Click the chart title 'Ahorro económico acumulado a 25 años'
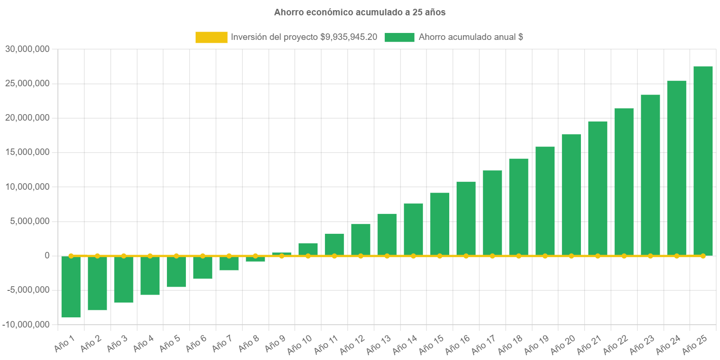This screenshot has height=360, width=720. (x=360, y=13)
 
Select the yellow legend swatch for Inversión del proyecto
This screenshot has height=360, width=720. (x=211, y=37)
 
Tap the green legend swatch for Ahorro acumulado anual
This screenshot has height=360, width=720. (x=399, y=37)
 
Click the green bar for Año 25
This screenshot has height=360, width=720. (x=703, y=160)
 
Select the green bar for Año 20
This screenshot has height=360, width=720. (x=571, y=195)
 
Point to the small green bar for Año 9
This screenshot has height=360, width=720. (x=281, y=253)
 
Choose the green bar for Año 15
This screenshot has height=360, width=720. (x=440, y=224)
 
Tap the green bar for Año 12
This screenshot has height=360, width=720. (x=361, y=239)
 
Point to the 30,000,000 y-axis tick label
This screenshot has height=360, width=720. (x=27, y=49)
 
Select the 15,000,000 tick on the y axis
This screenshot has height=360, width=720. (x=27, y=152)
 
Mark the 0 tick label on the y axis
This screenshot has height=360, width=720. (x=47, y=256)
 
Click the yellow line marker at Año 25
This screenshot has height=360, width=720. (x=703, y=256)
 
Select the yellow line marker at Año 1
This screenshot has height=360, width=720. (x=71, y=256)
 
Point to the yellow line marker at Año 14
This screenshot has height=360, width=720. (x=413, y=256)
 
